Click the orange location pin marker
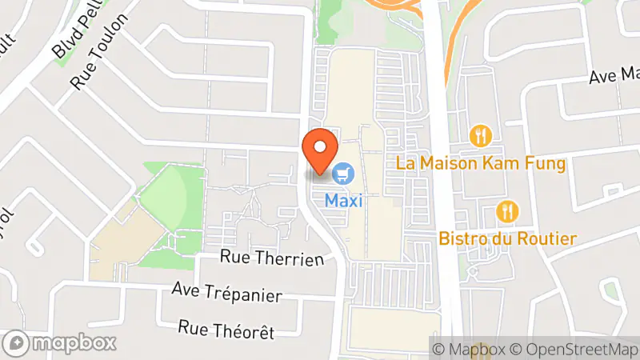pos(321,150)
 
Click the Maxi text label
pos(344,201)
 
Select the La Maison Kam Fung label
pos(482,165)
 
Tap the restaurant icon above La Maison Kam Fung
pos(481,135)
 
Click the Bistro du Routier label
pos(507,238)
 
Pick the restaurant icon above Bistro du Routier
pos(507,211)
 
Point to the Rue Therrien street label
pos(272,258)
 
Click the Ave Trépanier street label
pos(227,292)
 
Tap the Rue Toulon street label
pos(99,51)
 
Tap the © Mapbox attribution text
pos(475,349)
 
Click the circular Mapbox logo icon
pos(18,343)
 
